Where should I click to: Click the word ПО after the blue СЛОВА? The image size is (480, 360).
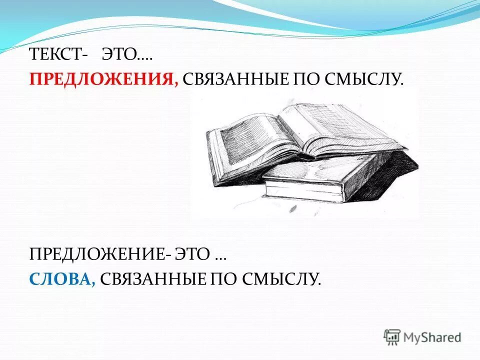(223, 279)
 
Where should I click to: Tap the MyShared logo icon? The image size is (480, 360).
(392, 337)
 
